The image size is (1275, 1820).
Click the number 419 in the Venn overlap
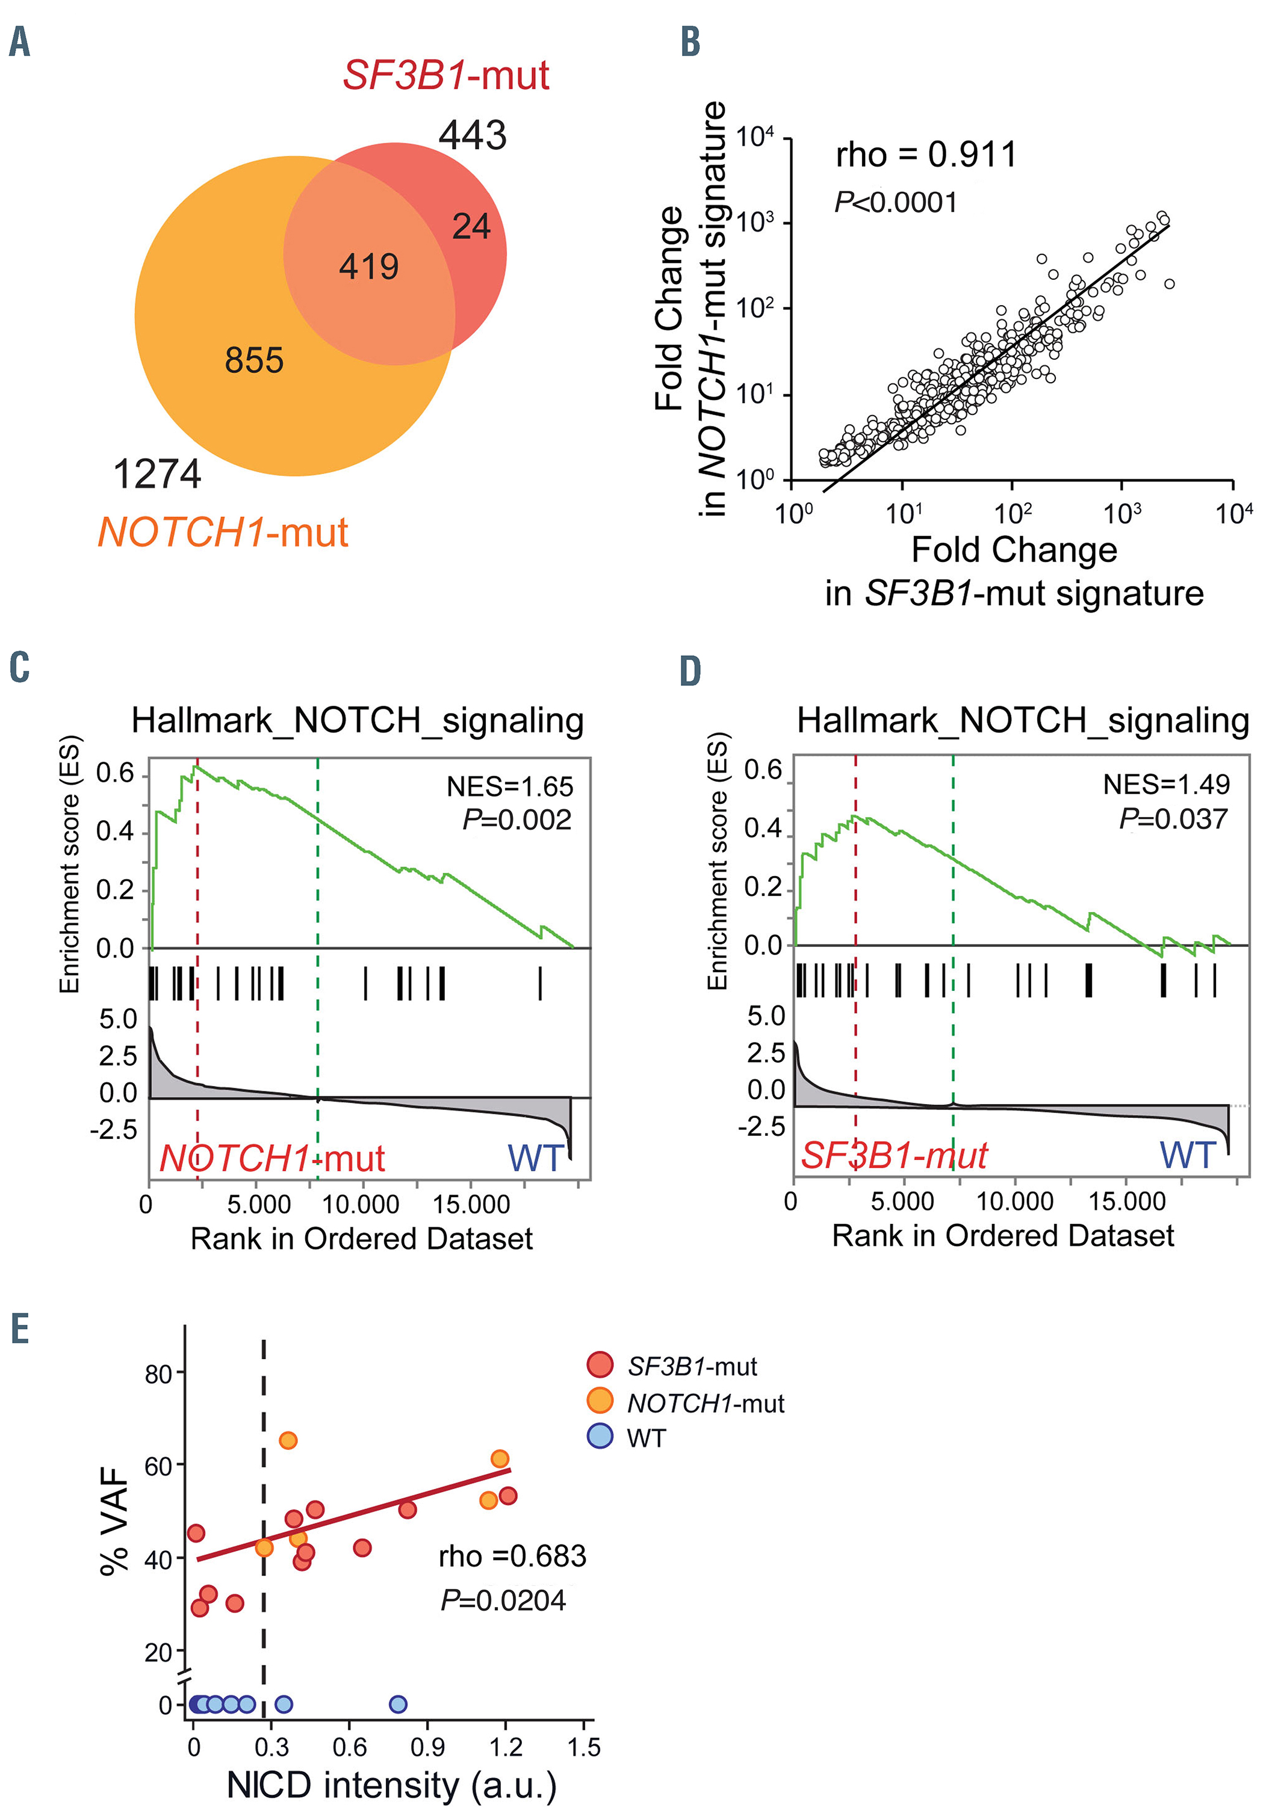click(368, 267)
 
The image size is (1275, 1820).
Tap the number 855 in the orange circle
click(253, 360)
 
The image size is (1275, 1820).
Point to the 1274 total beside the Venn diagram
click(157, 475)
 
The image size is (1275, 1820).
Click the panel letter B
click(690, 42)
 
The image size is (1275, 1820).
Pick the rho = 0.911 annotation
click(925, 155)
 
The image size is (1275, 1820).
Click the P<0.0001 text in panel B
click(895, 203)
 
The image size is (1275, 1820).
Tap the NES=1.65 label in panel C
click(510, 786)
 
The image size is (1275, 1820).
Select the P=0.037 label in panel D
click(1173, 819)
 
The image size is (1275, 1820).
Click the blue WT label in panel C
click(536, 1159)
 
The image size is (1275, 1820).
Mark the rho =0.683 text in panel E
click(512, 1556)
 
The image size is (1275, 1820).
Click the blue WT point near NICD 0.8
click(398, 1704)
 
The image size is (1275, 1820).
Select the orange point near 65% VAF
click(288, 1440)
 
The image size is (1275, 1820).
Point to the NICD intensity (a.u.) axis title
click(392, 1785)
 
